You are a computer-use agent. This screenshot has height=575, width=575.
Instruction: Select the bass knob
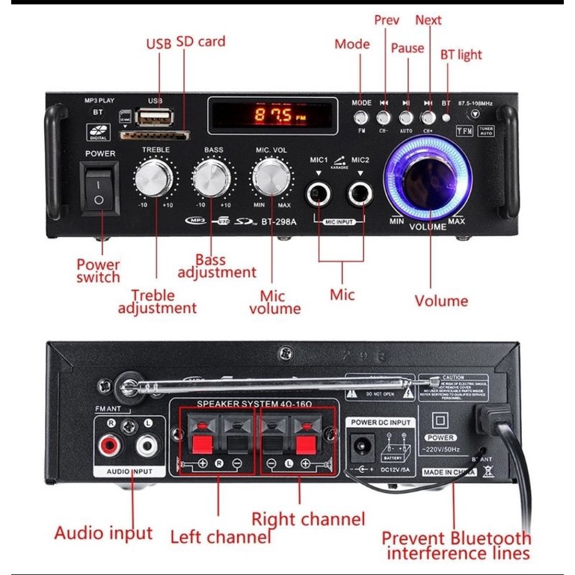(x=212, y=179)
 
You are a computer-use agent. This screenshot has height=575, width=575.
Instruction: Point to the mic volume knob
(x=271, y=178)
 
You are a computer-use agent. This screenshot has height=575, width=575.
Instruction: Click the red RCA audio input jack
(x=109, y=447)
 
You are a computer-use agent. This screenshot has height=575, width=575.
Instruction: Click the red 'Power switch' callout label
(x=98, y=271)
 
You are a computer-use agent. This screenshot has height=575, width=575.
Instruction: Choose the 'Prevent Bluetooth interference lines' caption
(x=456, y=546)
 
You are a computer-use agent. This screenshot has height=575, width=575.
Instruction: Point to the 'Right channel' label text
(x=308, y=519)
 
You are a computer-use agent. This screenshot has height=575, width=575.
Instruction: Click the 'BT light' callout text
(x=461, y=55)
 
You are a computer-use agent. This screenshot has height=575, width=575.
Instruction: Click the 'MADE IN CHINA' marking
(x=449, y=473)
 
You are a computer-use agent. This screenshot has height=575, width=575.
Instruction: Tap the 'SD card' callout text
(x=200, y=41)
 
